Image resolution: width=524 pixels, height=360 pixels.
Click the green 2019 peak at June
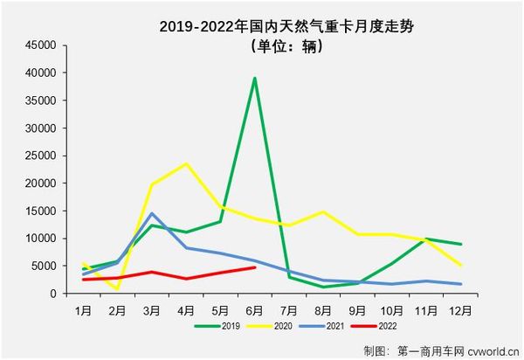coord(254,78)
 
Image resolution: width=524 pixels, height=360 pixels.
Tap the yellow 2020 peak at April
coord(186,163)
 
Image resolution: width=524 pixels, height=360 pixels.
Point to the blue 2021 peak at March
coord(152,213)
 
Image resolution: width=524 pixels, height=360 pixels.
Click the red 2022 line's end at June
coord(254,267)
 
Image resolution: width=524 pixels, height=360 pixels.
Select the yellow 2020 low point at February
coord(118,288)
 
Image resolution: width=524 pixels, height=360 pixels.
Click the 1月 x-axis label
coord(84,310)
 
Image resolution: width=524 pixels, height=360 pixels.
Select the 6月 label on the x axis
coord(254,310)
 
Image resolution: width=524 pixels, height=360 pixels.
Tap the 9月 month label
coord(356,310)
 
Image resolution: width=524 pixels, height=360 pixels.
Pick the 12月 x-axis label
coord(458,310)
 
